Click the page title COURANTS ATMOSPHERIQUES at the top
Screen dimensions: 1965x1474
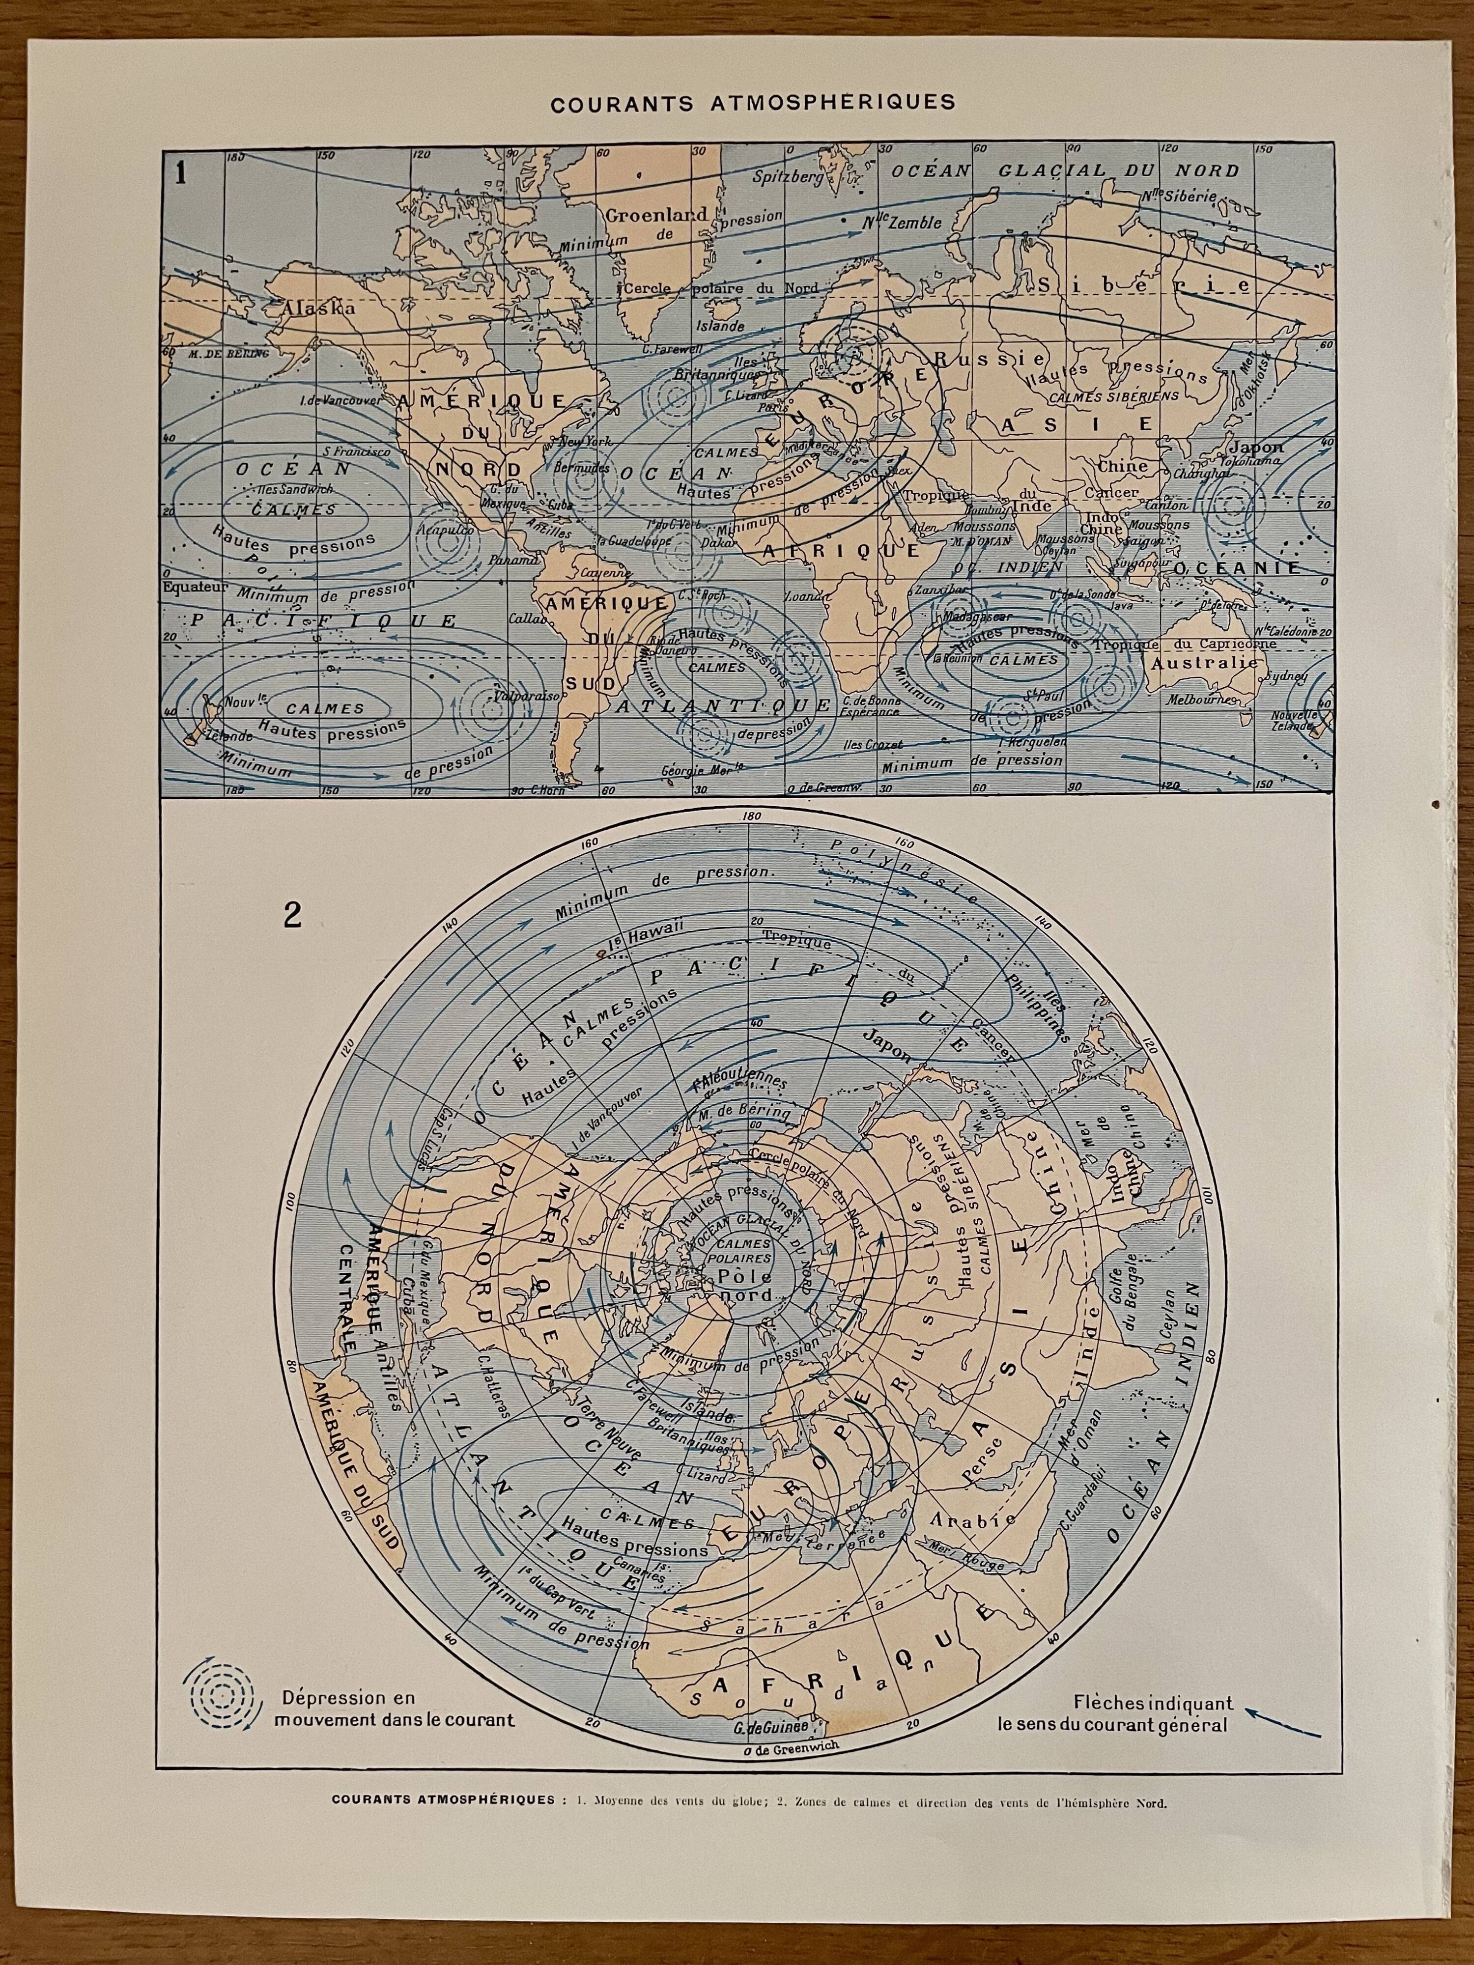739,103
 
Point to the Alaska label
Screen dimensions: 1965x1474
319,308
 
